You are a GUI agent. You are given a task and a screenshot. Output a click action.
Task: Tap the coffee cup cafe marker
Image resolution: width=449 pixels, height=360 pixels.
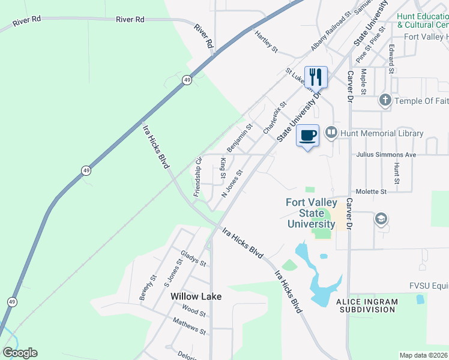[308, 136]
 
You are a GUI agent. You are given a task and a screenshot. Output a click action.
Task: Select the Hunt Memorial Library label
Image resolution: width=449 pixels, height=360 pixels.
[381, 133]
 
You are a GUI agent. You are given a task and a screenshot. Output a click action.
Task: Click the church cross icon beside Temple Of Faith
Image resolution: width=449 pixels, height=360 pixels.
[385, 101]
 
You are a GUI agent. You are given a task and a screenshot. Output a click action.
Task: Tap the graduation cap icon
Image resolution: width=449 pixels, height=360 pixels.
[381, 219]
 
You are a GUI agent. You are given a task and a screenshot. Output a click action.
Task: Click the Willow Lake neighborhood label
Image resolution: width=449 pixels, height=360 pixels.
[196, 296]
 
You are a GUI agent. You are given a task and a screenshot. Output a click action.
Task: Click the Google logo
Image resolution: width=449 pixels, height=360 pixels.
[20, 352]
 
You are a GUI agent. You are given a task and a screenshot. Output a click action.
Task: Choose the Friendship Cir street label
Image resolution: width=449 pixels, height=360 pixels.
[197, 177]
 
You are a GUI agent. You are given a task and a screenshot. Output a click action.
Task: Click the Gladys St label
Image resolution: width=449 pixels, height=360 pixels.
[193, 259]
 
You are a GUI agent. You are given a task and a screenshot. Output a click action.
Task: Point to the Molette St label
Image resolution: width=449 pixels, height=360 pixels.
[370, 191]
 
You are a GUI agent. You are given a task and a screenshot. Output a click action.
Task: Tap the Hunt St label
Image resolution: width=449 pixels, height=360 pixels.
[397, 173]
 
